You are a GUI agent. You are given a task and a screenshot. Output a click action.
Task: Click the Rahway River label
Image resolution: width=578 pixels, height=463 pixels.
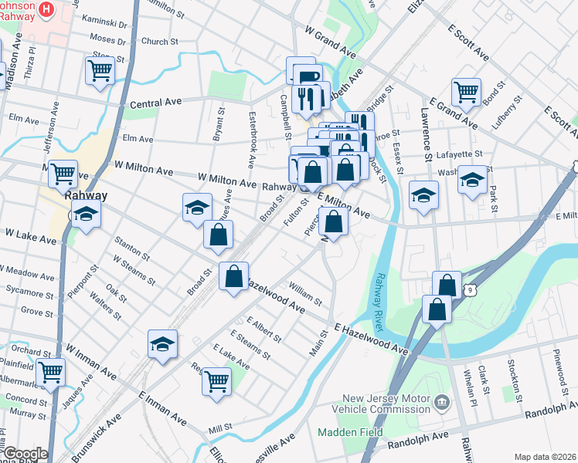[x=379, y=302]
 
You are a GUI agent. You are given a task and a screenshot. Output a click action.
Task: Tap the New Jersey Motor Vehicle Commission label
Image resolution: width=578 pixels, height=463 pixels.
[x=385, y=407]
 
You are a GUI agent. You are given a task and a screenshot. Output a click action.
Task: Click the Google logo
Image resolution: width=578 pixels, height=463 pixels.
[x=25, y=453]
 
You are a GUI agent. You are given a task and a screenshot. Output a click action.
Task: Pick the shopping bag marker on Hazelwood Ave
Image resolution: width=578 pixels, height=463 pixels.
[x=233, y=275]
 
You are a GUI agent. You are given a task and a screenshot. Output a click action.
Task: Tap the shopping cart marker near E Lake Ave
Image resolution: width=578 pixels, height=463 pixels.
[x=216, y=379]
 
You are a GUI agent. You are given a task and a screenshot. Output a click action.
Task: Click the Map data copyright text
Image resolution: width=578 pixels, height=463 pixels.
[x=545, y=457]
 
